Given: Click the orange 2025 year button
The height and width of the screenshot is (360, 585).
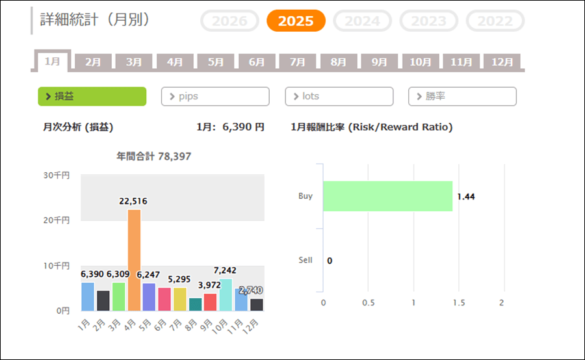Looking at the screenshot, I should pyautogui.click(x=296, y=21).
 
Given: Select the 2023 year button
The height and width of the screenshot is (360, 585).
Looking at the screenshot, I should pyautogui.click(x=428, y=21).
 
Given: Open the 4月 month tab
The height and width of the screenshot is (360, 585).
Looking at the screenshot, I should pyautogui.click(x=175, y=62).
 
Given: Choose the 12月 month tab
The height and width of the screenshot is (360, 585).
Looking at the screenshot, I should pyautogui.click(x=502, y=62).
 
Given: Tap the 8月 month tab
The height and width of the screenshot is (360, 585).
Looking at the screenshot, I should pyautogui.click(x=338, y=62).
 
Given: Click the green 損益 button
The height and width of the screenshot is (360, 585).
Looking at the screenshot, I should pyautogui.click(x=92, y=96).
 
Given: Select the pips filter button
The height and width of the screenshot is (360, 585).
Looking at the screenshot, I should pyautogui.click(x=214, y=96).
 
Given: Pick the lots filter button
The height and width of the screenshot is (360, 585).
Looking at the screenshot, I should pyautogui.click(x=339, y=96).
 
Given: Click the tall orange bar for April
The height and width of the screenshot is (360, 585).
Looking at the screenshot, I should pyautogui.click(x=134, y=260).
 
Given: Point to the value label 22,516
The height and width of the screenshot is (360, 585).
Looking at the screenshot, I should pyautogui.click(x=133, y=201).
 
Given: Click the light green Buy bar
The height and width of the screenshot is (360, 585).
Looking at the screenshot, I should pyautogui.click(x=387, y=196).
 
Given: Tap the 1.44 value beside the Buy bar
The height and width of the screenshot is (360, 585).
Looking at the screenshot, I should pyautogui.click(x=466, y=196).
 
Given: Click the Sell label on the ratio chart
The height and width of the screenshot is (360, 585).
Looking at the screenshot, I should pyautogui.click(x=305, y=260).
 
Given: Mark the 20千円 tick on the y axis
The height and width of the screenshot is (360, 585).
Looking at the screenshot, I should pyautogui.click(x=58, y=220).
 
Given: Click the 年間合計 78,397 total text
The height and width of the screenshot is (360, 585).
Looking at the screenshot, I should pyautogui.click(x=153, y=157).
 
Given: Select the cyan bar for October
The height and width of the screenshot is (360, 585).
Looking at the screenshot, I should pyautogui.click(x=225, y=295).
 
